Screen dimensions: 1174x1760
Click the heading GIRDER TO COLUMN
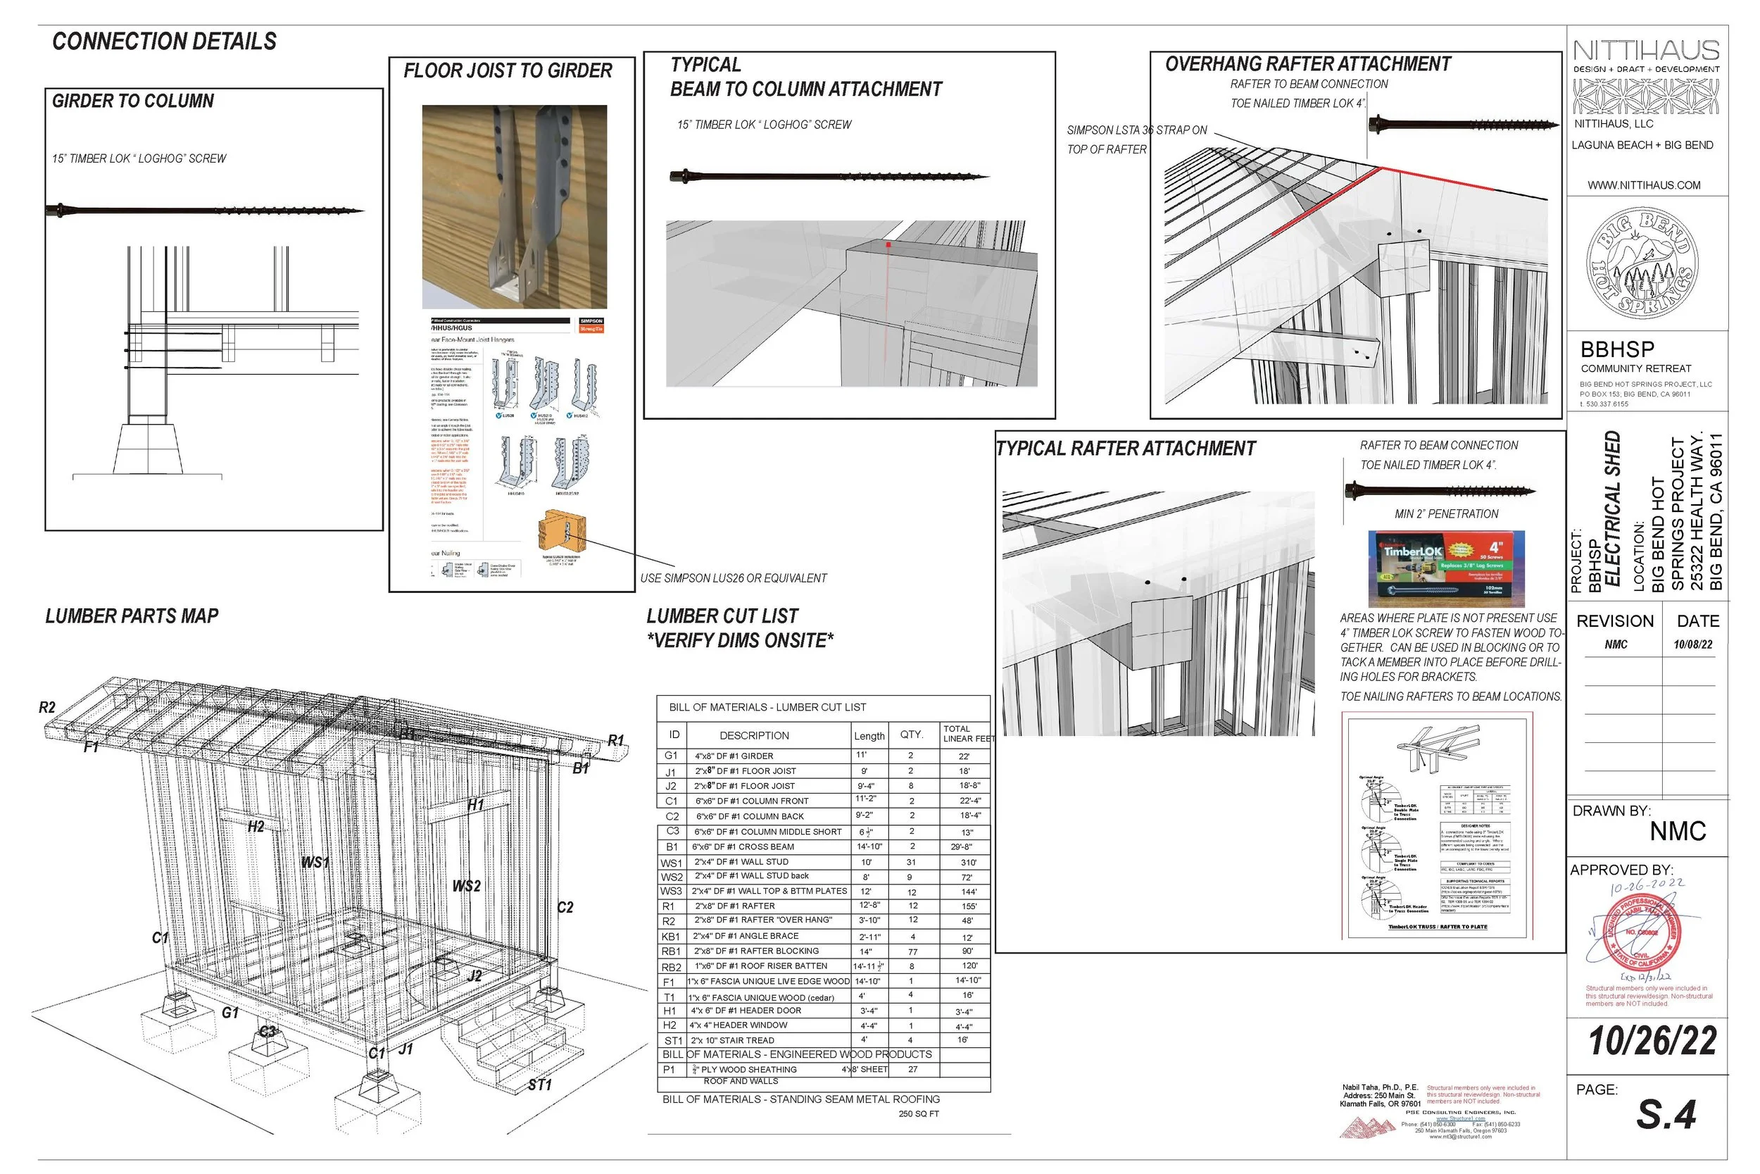click(x=132, y=101)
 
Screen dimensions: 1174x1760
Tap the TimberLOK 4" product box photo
click(x=1446, y=568)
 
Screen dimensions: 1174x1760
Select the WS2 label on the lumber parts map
click(x=466, y=887)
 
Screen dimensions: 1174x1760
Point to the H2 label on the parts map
click(x=256, y=827)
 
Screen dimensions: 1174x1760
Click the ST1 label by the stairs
click(x=539, y=1085)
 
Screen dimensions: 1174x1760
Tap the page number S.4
click(x=1666, y=1116)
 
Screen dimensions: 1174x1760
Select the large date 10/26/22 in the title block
click(x=1652, y=1042)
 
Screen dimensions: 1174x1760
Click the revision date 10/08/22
click(x=1692, y=644)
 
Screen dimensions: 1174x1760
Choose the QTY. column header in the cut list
click(x=911, y=735)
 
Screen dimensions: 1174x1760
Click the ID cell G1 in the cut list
click(x=671, y=756)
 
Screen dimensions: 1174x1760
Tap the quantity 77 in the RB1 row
click(x=912, y=951)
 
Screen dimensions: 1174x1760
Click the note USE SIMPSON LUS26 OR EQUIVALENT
click(x=733, y=579)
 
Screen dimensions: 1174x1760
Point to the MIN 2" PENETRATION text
click(x=1446, y=514)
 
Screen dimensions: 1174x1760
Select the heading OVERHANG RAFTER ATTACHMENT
click(x=1307, y=64)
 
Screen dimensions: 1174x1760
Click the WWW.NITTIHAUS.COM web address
click(x=1643, y=186)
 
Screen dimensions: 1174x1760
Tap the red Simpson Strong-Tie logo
click(x=591, y=324)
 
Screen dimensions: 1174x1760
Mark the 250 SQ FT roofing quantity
click(x=918, y=1114)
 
